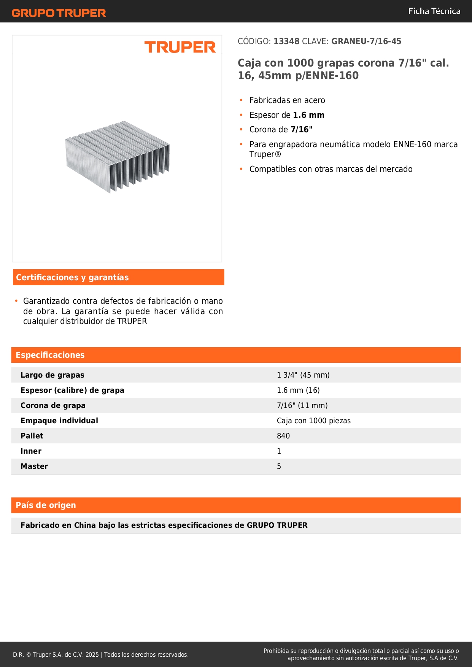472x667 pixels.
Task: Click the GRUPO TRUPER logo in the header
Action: [59, 13]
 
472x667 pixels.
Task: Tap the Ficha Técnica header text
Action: [434, 11]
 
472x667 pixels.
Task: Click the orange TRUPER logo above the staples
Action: [180, 48]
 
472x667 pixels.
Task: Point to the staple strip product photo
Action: [118, 156]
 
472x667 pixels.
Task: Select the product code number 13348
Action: [286, 41]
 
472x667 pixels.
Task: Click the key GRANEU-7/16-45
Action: [366, 41]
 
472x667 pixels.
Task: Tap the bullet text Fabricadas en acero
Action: [287, 100]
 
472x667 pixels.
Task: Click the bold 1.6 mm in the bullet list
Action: [308, 115]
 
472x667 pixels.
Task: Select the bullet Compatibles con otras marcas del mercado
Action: [331, 169]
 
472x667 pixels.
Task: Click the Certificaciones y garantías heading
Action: [72, 278]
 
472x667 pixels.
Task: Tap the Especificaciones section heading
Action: [50, 355]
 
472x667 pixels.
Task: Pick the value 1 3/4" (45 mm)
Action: [303, 375]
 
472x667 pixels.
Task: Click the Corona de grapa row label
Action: [53, 406]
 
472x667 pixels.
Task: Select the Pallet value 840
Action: [283, 436]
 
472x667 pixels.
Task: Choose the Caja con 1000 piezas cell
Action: [313, 421]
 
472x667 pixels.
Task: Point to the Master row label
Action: [34, 467]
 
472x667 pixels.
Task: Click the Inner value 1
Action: [279, 451]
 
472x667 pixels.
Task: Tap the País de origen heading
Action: [46, 505]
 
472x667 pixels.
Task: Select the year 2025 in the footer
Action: [92, 655]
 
